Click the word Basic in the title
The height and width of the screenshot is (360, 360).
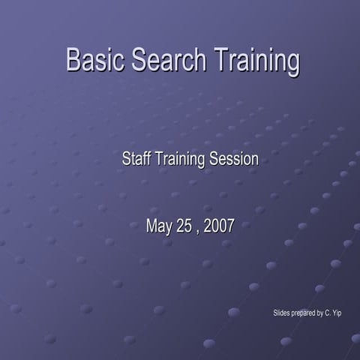[95, 61]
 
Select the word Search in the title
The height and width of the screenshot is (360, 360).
[169, 61]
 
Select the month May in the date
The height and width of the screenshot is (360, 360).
[159, 225]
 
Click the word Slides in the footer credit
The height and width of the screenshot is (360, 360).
[281, 312]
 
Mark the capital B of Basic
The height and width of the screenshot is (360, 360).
[73, 61]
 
